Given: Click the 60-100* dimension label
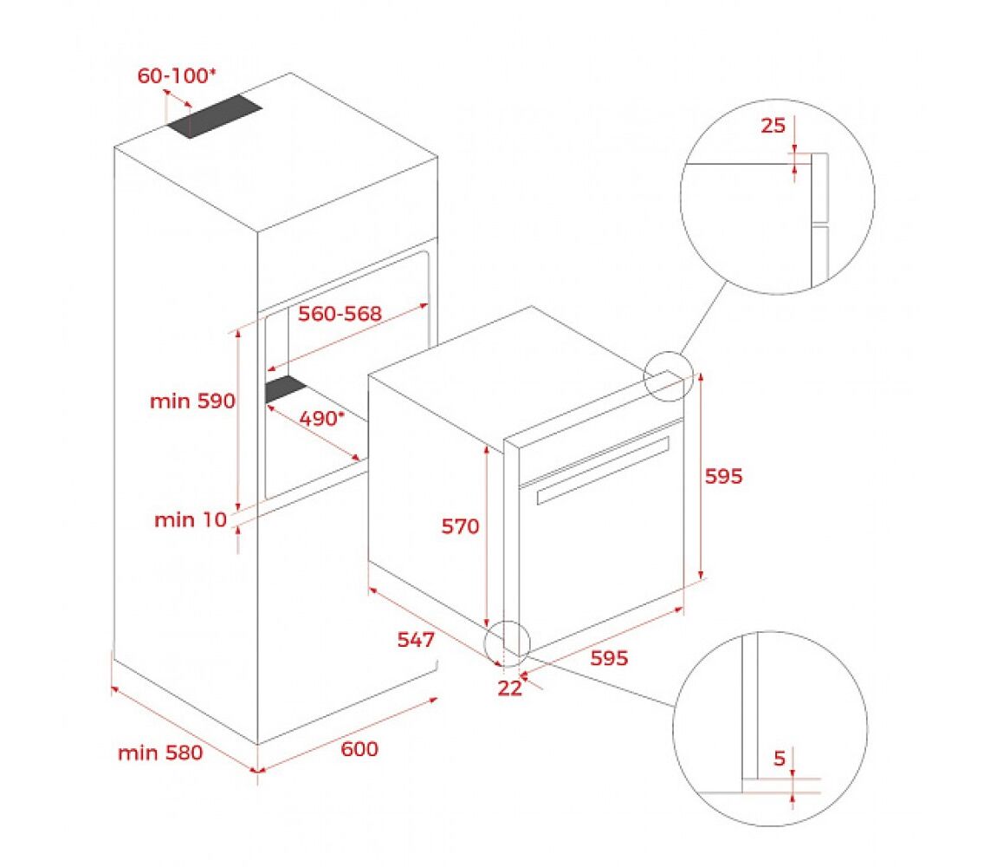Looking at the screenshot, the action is click(x=176, y=75).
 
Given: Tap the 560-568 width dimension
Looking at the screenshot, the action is click(x=340, y=314).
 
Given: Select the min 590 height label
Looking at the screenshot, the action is click(x=192, y=401).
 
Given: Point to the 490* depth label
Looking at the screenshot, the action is click(x=322, y=418).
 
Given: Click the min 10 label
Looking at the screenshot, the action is click(x=191, y=519).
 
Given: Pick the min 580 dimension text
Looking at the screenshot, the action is click(x=160, y=753).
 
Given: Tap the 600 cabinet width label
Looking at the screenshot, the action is click(x=359, y=749).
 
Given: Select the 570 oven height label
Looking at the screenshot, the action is click(x=460, y=525).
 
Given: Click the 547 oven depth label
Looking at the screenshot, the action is click(x=416, y=640).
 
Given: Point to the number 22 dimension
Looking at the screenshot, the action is click(x=510, y=688).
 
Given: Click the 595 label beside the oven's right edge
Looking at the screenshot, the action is click(x=723, y=476).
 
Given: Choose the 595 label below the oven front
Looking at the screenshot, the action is click(x=609, y=658).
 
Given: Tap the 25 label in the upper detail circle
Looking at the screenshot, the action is click(x=773, y=126).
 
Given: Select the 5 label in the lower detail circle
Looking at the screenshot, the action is click(x=780, y=758).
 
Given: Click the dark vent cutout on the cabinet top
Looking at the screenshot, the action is click(x=215, y=116).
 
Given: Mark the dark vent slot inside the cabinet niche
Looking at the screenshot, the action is click(x=285, y=388).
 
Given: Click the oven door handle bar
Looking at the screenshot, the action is click(x=603, y=470).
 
